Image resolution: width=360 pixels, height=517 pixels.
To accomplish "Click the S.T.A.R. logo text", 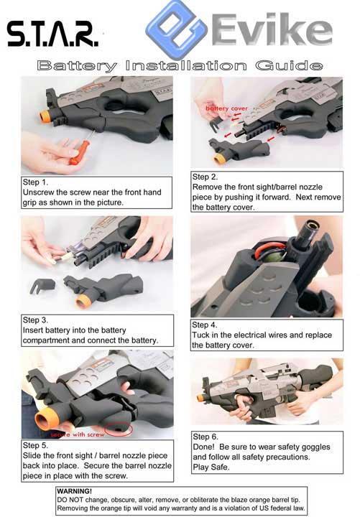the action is click(x=52, y=34).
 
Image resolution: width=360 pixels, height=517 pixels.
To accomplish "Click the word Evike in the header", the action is click(x=271, y=29).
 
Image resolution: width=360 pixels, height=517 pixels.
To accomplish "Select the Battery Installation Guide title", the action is click(x=180, y=65).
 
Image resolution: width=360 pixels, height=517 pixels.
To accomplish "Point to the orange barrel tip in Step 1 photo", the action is click(x=45, y=116).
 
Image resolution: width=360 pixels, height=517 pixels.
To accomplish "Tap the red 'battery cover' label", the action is click(x=226, y=108).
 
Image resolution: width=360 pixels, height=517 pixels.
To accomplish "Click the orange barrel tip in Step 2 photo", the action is click(x=220, y=159).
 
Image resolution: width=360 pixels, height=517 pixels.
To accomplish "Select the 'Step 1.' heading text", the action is click(x=35, y=182).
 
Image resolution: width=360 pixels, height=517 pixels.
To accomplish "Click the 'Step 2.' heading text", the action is click(x=205, y=177).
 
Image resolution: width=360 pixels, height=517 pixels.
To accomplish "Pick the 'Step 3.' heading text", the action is click(x=35, y=320).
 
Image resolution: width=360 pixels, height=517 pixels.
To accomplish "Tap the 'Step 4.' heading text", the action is click(x=205, y=325).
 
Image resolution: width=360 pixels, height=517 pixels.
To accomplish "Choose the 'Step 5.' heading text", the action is click(x=35, y=445).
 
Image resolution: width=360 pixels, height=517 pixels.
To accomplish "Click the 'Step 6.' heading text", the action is click(x=206, y=437).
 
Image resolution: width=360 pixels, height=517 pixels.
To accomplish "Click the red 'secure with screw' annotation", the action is click(x=78, y=434).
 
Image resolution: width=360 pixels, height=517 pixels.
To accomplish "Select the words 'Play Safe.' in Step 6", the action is click(x=211, y=467).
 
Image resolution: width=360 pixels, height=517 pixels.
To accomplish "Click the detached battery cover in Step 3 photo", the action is click(x=43, y=285).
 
